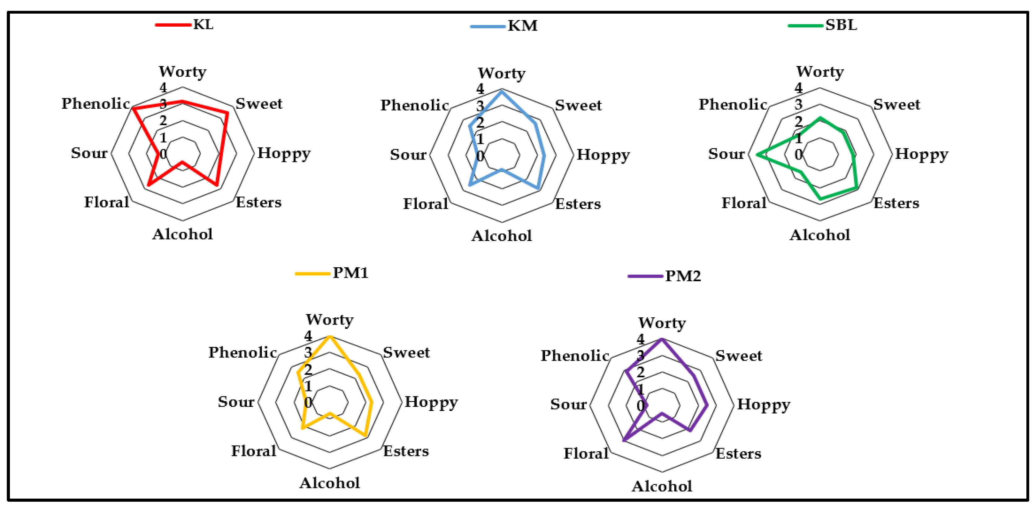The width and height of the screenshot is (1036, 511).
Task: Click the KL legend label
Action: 203,24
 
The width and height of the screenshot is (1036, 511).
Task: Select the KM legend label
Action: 522,26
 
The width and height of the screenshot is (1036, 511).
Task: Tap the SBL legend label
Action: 841,25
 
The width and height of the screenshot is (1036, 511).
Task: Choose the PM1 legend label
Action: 350,273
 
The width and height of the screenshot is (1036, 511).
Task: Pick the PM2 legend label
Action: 683,276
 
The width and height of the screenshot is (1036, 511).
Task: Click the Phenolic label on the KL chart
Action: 95,103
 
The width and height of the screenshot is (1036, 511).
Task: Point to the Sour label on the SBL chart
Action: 726,154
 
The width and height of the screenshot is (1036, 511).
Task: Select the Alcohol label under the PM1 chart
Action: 329,483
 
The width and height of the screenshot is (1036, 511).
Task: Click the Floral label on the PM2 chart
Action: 586,453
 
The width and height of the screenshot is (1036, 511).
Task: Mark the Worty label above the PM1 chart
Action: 329,320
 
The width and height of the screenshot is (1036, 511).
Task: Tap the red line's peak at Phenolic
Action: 133,109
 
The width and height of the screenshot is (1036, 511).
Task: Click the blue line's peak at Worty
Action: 501,92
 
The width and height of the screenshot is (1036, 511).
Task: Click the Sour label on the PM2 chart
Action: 568,404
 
